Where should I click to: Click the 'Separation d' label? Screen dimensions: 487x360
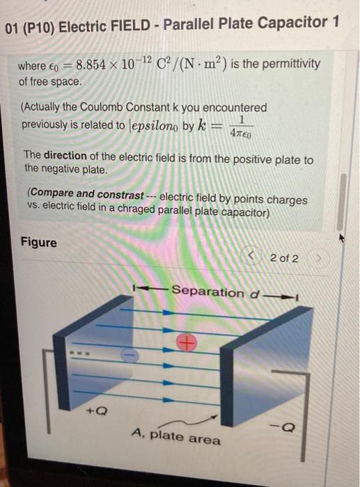[217, 292]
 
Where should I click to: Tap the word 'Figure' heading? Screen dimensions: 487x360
[39, 243]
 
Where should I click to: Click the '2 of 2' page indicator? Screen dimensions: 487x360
[284, 258]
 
